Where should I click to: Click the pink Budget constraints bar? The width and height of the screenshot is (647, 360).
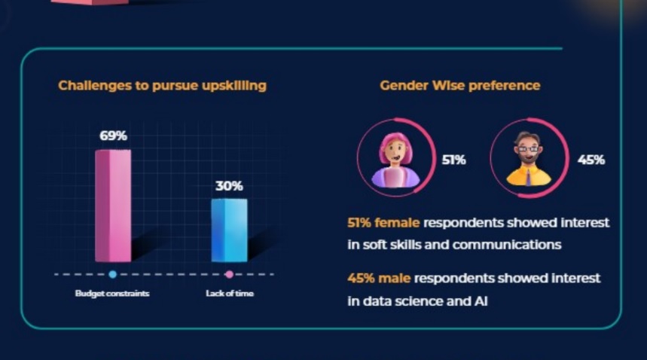tap(113, 206)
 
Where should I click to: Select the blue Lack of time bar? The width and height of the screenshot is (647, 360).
tap(230, 230)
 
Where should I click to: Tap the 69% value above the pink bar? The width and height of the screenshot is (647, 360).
tap(114, 136)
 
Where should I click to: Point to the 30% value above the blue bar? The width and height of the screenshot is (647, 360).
tap(230, 186)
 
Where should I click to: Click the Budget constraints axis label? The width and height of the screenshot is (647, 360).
tap(112, 293)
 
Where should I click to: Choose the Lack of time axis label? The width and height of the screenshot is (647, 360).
tap(230, 293)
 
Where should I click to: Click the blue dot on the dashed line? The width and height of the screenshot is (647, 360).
tap(113, 274)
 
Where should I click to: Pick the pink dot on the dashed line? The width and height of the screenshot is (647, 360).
tap(230, 274)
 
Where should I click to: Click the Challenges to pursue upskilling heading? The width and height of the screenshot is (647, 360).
tap(162, 86)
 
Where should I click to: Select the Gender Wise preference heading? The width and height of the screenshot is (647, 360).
tap(460, 85)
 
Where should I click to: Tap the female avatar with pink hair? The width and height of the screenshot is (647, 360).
tap(396, 160)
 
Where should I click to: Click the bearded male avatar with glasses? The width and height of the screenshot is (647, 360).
tap(529, 159)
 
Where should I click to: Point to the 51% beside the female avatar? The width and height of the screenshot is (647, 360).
tap(454, 160)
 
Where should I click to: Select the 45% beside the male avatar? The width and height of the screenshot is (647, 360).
tap(591, 160)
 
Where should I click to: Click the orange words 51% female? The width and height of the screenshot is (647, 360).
tap(383, 223)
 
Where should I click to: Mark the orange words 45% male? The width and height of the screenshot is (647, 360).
tap(379, 279)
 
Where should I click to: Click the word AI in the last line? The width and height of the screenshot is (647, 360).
tap(481, 301)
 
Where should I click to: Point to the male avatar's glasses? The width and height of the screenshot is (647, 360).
tap(528, 148)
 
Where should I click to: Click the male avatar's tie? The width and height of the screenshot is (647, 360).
tap(529, 177)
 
